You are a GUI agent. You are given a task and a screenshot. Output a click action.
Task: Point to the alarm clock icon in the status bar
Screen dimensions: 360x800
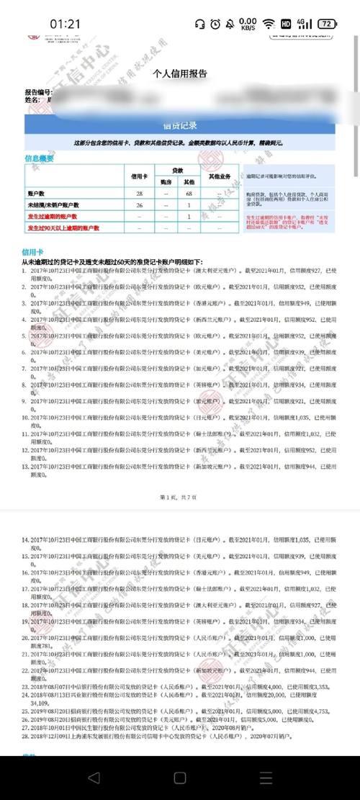pyautogui.click(x=215, y=24)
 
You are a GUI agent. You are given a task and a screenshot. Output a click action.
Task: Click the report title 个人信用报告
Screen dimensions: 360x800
pyautogui.click(x=180, y=73)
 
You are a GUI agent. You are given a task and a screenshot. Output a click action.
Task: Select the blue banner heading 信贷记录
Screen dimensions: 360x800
pyautogui.click(x=180, y=125)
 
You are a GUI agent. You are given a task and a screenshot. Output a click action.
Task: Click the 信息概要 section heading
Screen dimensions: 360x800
pyautogui.click(x=39, y=158)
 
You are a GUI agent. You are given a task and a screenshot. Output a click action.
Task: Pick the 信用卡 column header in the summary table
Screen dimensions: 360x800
pyautogui.click(x=138, y=176)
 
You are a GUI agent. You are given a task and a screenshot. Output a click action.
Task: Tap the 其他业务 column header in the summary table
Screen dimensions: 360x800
pyautogui.click(x=219, y=176)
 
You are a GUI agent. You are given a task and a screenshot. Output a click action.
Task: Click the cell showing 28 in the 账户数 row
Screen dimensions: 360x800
pyautogui.click(x=138, y=194)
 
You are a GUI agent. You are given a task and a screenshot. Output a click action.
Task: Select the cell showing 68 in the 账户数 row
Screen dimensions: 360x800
pyautogui.click(x=188, y=194)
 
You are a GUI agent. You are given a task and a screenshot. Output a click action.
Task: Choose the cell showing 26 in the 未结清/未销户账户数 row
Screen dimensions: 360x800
pyautogui.click(x=138, y=205)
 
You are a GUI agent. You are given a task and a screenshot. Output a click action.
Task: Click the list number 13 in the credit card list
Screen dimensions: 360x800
pyautogui.click(x=25, y=467)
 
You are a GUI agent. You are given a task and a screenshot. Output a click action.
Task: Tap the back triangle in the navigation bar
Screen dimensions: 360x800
pyautogui.click(x=93, y=778)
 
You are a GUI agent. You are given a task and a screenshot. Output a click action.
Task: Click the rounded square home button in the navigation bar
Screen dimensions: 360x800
pyautogui.click(x=179, y=778)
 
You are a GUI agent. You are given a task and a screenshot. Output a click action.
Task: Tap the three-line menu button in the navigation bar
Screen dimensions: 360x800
pyautogui.click(x=266, y=778)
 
